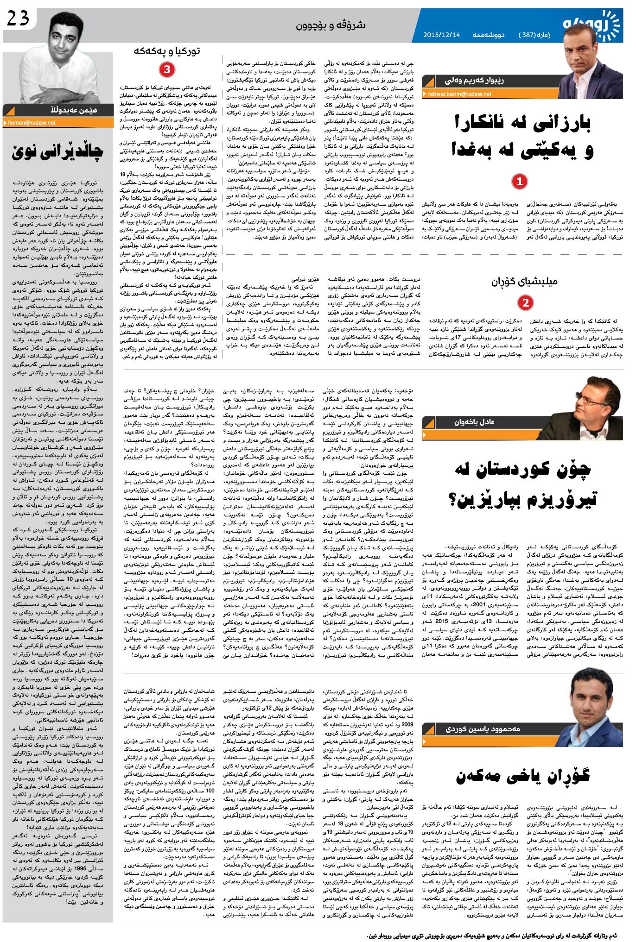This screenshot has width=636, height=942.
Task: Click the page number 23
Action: [18, 18]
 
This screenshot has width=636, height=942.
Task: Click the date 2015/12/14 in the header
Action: [441, 35]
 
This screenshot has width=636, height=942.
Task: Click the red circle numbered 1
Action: [519, 182]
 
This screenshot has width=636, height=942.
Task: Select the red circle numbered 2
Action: [525, 303]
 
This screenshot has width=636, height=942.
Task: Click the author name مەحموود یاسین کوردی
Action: [483, 729]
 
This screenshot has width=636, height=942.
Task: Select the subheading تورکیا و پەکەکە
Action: [167, 51]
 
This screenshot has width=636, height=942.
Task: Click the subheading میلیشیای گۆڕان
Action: [524, 281]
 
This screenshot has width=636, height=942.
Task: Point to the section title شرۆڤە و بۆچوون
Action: [331, 26]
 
